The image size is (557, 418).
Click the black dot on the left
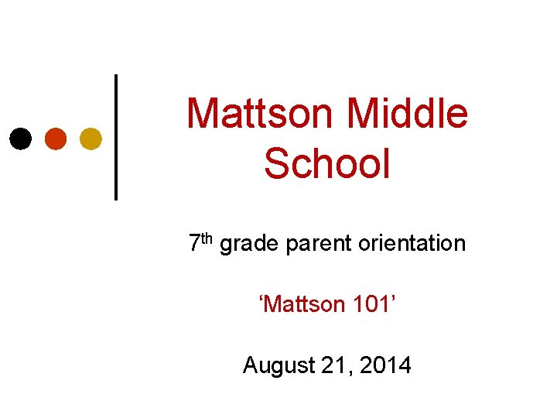tap(21, 139)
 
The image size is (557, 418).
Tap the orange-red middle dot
tap(56, 139)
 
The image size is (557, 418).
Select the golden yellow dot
tap(91, 139)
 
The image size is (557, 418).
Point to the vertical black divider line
tap(116, 137)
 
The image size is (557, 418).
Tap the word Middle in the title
tap(408, 113)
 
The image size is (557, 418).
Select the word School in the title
tap(327, 163)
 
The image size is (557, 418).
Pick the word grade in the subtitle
tap(250, 245)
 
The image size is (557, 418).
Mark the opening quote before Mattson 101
tap(261, 298)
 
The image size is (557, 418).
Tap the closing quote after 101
tap(394, 298)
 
